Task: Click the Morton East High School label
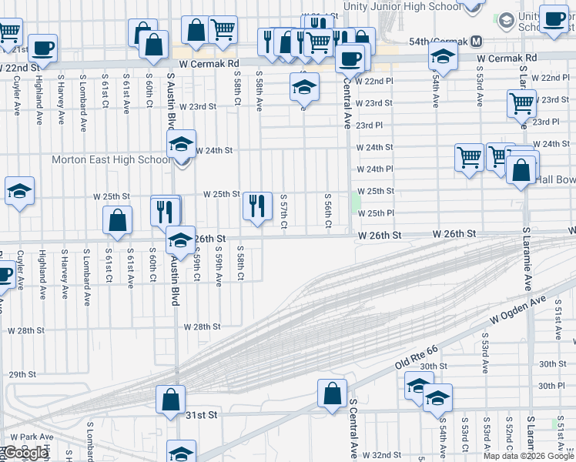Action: click(x=111, y=160)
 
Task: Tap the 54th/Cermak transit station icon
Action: click(x=477, y=40)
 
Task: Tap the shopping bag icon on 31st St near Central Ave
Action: click(x=333, y=394)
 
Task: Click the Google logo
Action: click(x=25, y=453)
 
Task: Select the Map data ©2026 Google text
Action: click(x=528, y=455)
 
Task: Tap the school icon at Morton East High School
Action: click(x=181, y=144)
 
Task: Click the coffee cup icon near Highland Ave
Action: click(x=43, y=49)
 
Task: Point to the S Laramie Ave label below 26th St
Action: click(x=527, y=258)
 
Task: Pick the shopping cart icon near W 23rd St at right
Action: click(x=521, y=103)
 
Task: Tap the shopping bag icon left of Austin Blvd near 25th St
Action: click(x=117, y=221)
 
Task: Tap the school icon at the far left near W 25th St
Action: click(x=19, y=192)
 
